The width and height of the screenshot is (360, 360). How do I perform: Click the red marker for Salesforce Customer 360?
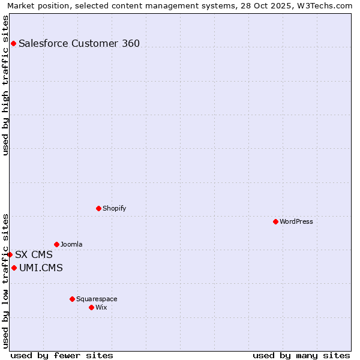pos(13,43)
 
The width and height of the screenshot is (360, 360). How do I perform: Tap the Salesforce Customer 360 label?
pos(79,43)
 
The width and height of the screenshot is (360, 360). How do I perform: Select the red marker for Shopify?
pos(98,208)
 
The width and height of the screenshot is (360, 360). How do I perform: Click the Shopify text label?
pos(114,208)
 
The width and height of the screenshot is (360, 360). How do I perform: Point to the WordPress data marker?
pos(275,221)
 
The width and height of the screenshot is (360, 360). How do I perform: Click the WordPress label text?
pos(296,221)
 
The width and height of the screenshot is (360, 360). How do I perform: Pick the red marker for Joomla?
pos(56,244)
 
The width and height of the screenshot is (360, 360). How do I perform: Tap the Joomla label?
pos(71,244)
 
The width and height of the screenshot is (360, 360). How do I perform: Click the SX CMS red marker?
pos(10,254)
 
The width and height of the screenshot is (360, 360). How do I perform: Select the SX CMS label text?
pos(34,254)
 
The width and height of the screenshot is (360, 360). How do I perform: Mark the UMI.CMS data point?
pos(14,268)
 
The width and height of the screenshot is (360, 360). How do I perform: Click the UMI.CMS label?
pos(41,268)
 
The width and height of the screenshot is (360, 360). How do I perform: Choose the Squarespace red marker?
pos(72,299)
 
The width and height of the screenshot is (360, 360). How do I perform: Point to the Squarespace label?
pos(97,299)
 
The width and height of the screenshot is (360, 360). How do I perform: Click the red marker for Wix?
pos(91,307)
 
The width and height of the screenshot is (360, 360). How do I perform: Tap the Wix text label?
pos(101,307)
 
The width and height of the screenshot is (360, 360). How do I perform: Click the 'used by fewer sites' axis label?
pos(62,355)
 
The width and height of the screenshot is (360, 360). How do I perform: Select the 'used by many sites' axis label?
pos(301,355)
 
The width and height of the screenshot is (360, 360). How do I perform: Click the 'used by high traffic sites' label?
pos(5,85)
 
